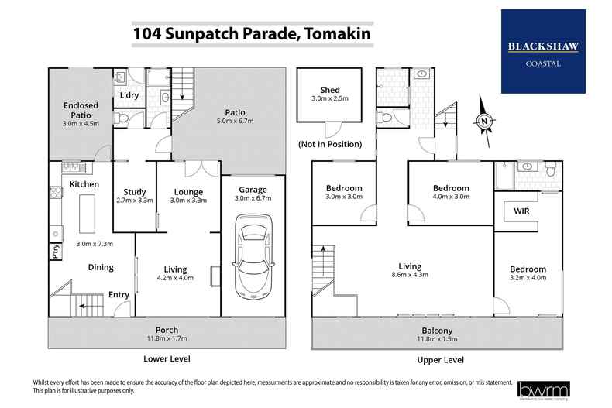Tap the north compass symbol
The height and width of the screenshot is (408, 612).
pos(484,120)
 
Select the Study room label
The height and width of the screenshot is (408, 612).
pos(134,192)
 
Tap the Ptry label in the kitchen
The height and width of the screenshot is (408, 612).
pos(56,252)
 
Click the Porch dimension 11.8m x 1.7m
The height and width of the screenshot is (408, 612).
pos(167,338)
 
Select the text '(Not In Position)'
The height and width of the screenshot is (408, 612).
pos(330,144)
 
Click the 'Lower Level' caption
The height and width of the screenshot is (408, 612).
pos(167,359)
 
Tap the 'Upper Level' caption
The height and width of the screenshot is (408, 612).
pos(440,359)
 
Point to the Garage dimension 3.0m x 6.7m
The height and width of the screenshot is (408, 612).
pos(253,199)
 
